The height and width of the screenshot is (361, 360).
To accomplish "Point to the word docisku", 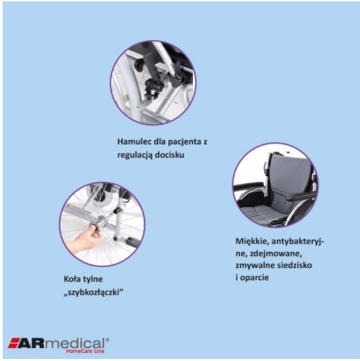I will (x=173, y=155).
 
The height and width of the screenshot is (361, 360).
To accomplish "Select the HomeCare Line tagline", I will (x=85, y=351).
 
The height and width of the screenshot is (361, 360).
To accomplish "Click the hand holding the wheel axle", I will (x=80, y=239).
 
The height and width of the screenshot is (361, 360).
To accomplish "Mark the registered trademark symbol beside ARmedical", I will (x=107, y=338).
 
